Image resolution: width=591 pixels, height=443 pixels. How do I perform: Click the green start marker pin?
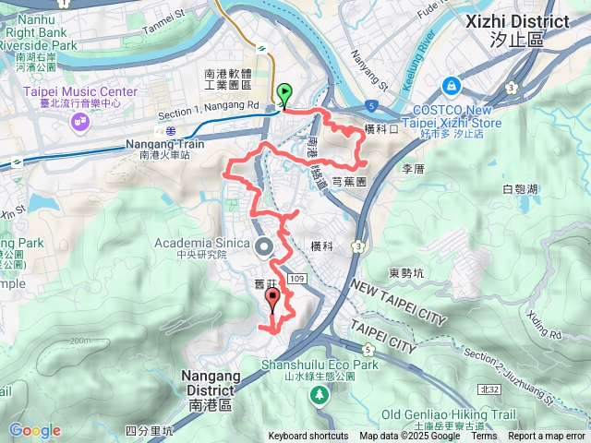[283, 93]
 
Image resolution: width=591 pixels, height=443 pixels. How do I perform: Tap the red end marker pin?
[272, 299]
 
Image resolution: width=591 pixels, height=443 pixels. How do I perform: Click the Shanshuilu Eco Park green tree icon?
[320, 395]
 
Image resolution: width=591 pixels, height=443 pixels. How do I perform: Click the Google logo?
[34, 430]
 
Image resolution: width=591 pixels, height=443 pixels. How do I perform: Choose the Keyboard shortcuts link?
[308, 437]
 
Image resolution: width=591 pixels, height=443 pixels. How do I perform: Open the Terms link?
[483, 437]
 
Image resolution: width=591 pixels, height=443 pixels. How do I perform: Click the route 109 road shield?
[296, 278]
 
